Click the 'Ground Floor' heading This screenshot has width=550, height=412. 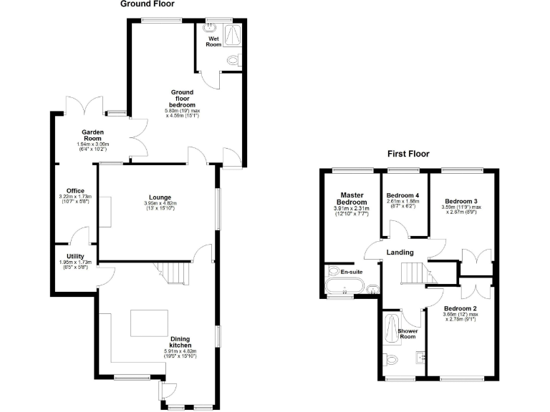[x=147, y=4]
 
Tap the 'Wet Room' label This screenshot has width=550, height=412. [x=213, y=41]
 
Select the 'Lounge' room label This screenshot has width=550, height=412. [x=160, y=197]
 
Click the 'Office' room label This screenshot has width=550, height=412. [x=75, y=190]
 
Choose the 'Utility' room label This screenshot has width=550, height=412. [x=75, y=256]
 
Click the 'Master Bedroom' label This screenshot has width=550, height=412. [x=352, y=198]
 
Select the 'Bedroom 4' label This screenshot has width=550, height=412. [x=403, y=195]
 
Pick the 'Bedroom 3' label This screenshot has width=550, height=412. [x=460, y=201]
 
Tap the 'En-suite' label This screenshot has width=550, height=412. [x=351, y=272]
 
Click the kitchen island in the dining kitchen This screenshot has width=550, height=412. [x=149, y=323]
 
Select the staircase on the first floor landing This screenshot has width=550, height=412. [x=413, y=273]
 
